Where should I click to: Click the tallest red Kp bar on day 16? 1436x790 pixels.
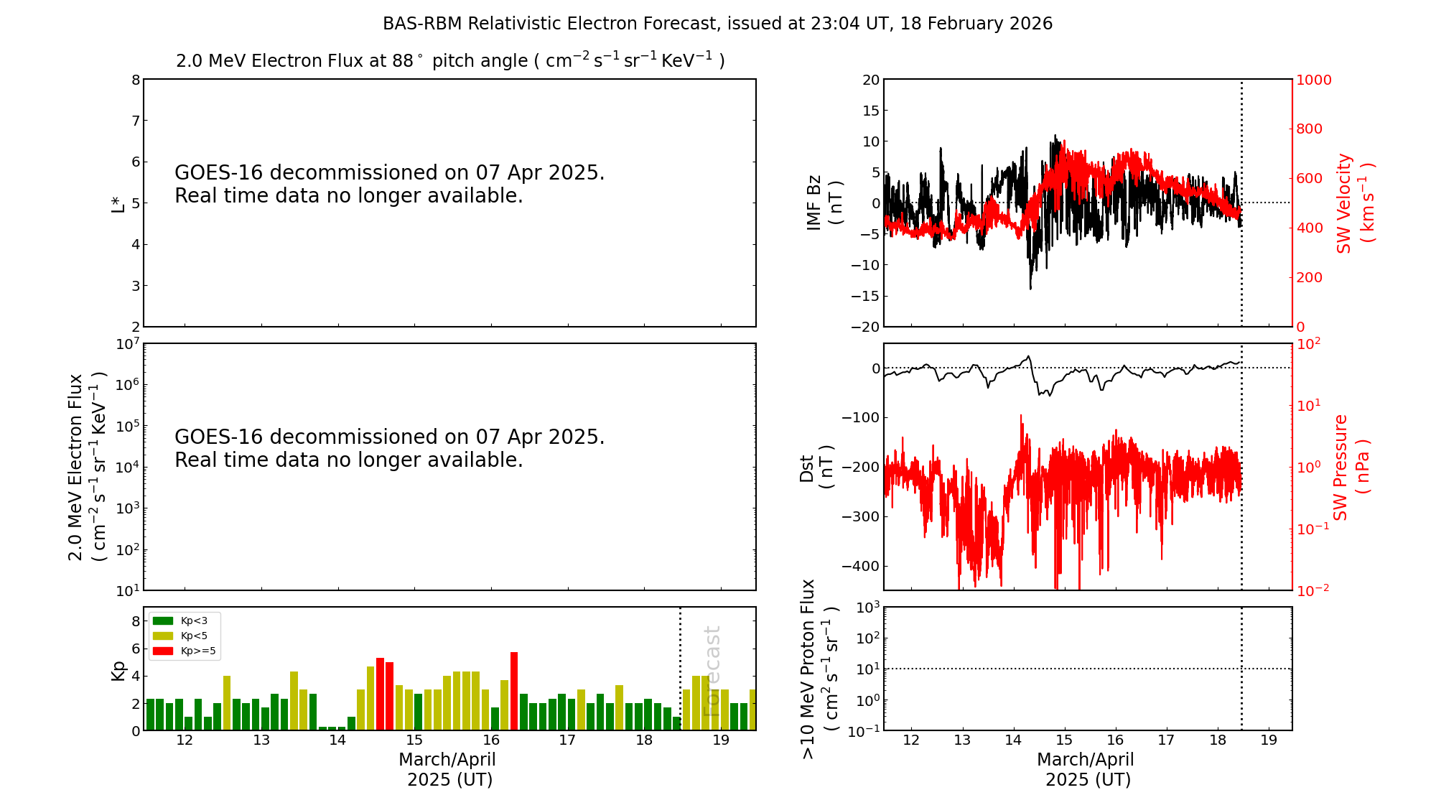(x=514, y=691)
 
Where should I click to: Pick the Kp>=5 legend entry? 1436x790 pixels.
(x=184, y=651)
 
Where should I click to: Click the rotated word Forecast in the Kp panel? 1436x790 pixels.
(x=712, y=671)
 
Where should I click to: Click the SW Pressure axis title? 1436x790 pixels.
(x=1351, y=468)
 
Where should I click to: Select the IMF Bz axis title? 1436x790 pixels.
(x=824, y=203)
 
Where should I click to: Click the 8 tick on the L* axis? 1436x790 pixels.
(x=136, y=80)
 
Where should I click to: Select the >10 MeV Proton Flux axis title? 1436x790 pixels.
(x=819, y=669)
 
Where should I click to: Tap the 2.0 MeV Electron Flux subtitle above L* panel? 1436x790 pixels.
(x=450, y=60)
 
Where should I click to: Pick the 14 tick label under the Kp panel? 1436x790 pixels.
(x=337, y=740)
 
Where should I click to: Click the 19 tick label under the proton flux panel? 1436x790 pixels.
(x=1269, y=740)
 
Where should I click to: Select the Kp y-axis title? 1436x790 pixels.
(x=118, y=670)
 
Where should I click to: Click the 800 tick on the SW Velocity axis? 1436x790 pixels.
(x=1310, y=129)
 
